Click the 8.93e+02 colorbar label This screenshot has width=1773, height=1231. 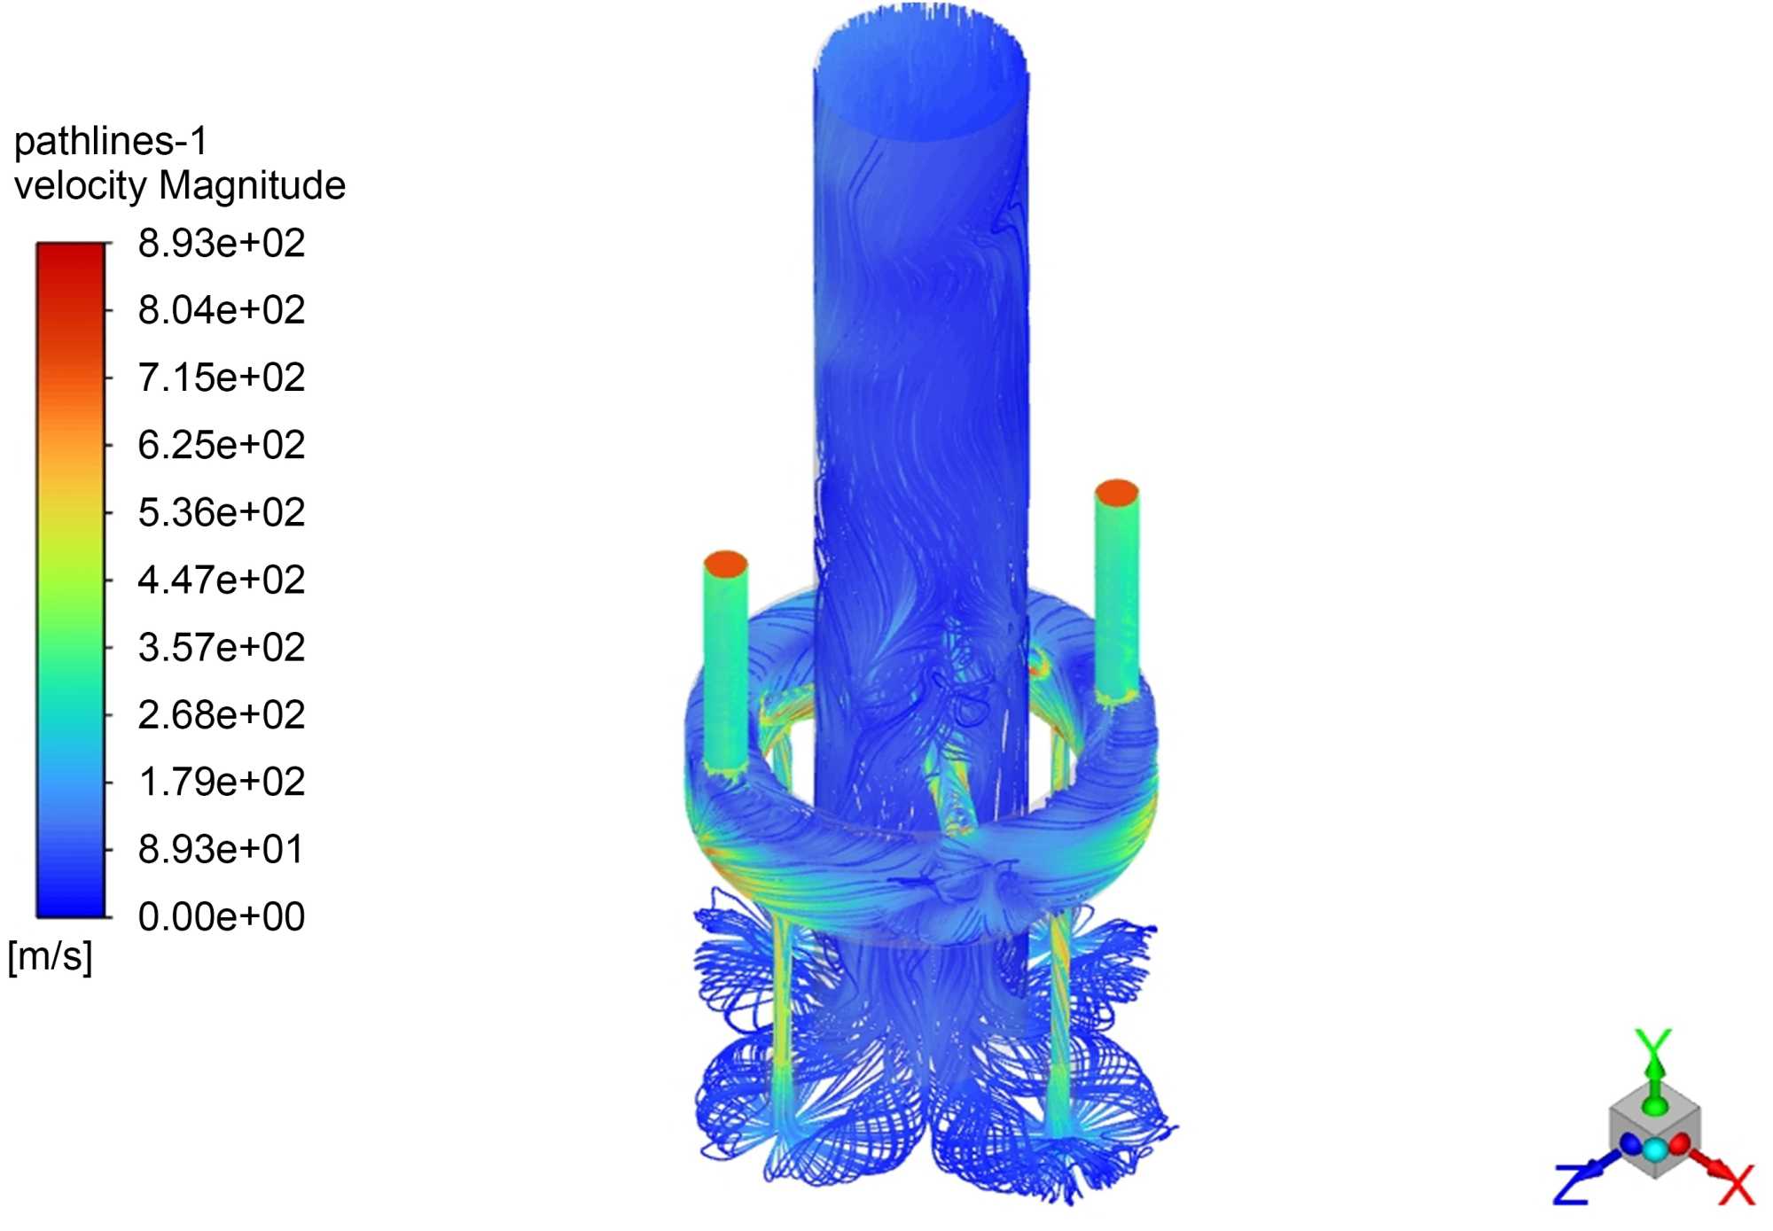point(222,243)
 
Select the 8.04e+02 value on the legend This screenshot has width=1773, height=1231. point(222,310)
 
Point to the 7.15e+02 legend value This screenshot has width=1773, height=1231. point(222,378)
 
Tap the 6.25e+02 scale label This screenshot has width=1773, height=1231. point(222,445)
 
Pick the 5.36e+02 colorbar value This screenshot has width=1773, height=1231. point(222,512)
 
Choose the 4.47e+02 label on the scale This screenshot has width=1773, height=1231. point(222,580)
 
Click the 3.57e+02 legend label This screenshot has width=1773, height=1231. point(222,647)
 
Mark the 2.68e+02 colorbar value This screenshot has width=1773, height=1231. point(222,714)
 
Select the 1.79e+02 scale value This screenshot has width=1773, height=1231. point(222,782)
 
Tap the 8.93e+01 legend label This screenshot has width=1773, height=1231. point(222,849)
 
